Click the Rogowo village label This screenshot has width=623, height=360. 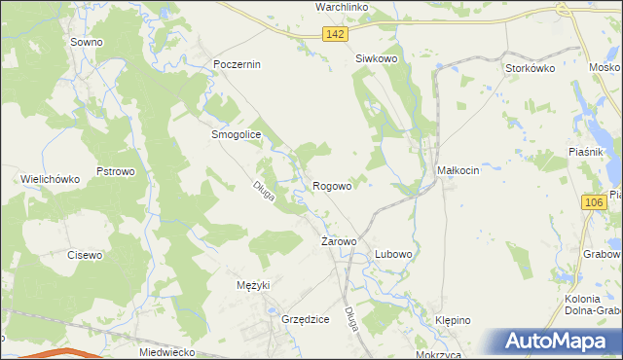[332, 185]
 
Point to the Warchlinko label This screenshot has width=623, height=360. [340, 7]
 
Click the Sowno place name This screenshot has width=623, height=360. [87, 43]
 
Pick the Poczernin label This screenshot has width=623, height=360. [238, 64]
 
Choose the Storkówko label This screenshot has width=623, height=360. [530, 68]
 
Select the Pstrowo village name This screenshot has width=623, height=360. [115, 171]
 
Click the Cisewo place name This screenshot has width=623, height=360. [85, 255]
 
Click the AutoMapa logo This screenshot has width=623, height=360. [560, 341]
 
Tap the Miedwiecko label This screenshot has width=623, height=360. [167, 352]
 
